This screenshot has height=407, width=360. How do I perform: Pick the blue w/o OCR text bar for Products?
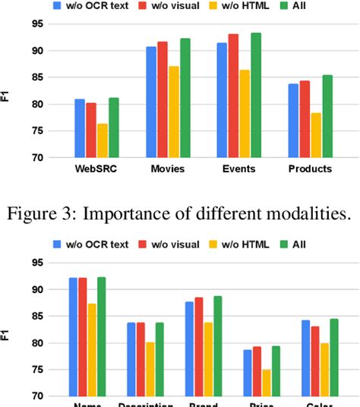pyautogui.click(x=293, y=121)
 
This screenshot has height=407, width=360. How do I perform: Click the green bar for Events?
pyautogui.click(x=255, y=96)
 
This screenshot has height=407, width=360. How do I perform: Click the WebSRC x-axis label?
pyautogui.click(x=96, y=169)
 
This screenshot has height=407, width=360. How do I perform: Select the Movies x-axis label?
pyautogui.click(x=168, y=169)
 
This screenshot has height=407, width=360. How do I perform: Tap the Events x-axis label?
pyautogui.click(x=238, y=169)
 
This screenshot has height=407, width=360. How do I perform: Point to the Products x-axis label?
pyautogui.click(x=309, y=169)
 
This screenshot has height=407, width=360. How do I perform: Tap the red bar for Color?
pyautogui.click(x=314, y=361)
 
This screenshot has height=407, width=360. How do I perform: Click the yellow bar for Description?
pyautogui.click(x=150, y=369)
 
